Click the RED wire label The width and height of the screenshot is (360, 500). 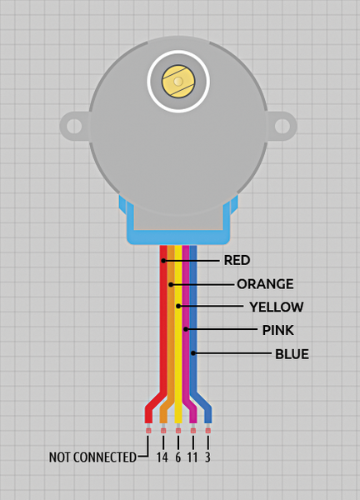pos(237,260)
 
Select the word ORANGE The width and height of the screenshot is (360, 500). pos(265,284)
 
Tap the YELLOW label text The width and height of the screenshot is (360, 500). pos(277,307)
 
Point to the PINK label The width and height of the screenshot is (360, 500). pos(278,330)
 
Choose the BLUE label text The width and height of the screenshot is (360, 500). pos(292,354)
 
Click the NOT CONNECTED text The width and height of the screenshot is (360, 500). pos(92,457)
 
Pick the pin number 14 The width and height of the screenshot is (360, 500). pos(162,457)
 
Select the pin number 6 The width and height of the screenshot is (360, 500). pos(178,457)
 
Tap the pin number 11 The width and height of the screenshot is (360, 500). pos(192,457)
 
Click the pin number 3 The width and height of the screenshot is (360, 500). pos(207,457)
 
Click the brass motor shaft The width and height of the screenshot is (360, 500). pos(178,81)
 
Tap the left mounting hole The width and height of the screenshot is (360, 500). pos(74,126)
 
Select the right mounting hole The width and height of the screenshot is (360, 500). pos(282,126)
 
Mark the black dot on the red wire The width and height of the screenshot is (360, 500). pos(163,261)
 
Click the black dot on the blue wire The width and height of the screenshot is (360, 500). pos(193,353)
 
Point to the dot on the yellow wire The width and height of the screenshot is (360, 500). pos(178,306)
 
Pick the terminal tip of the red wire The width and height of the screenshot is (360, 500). pos(148,431)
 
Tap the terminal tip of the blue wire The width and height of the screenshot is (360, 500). pos(207,431)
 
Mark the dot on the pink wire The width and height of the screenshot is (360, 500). pos(186,329)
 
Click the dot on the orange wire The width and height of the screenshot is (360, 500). pos(171,284)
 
